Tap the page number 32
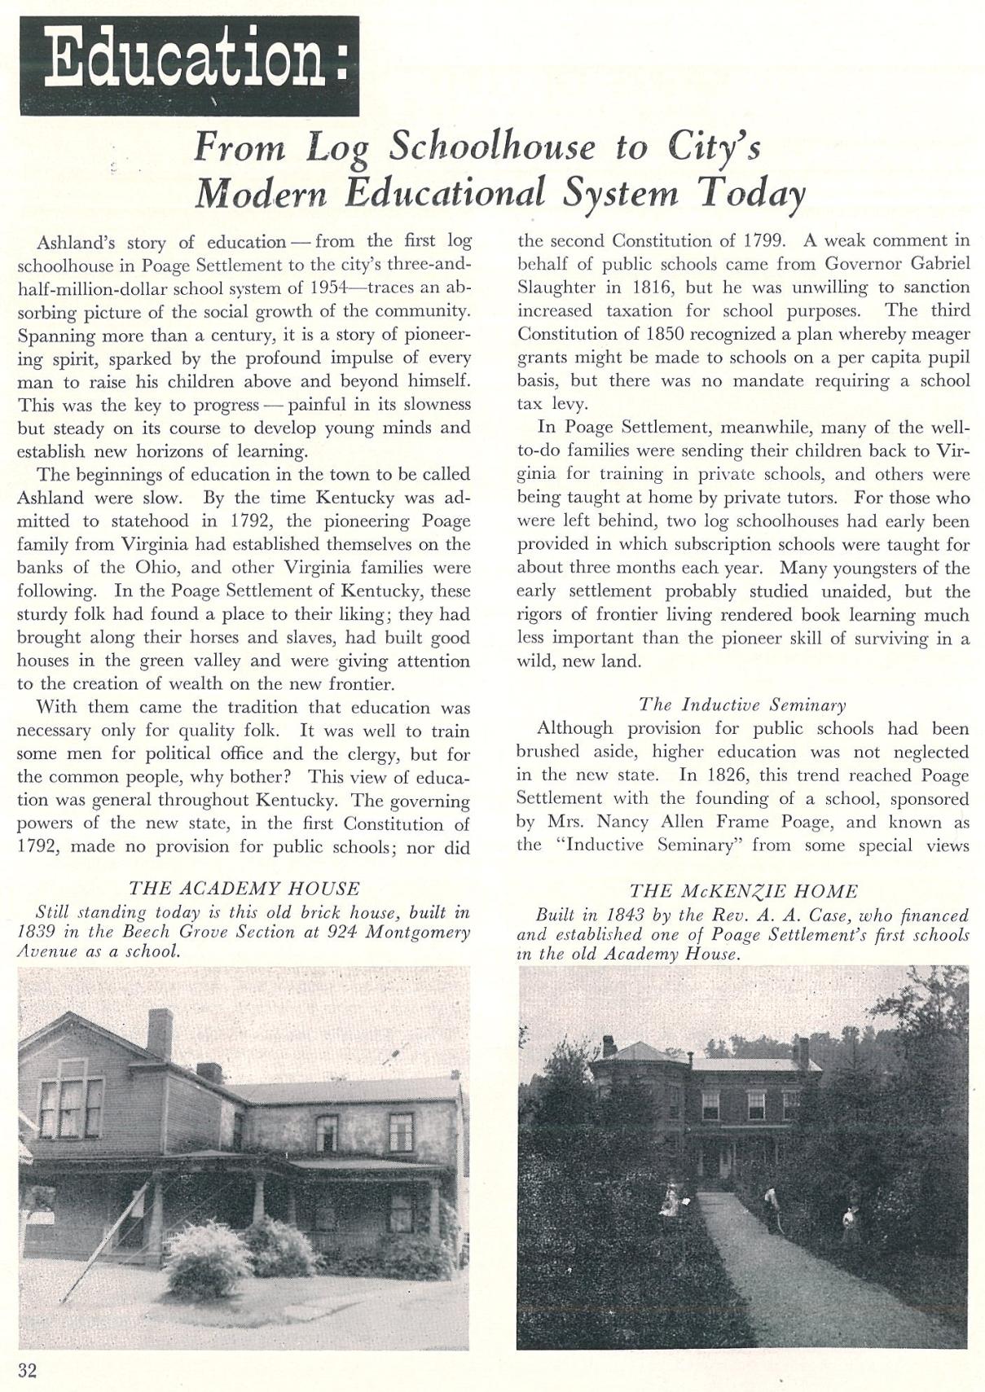[27, 1370]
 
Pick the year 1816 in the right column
[653, 287]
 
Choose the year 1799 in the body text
[763, 240]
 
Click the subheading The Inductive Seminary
[742, 705]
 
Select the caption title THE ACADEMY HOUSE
[244, 889]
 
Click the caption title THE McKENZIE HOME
[744, 892]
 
